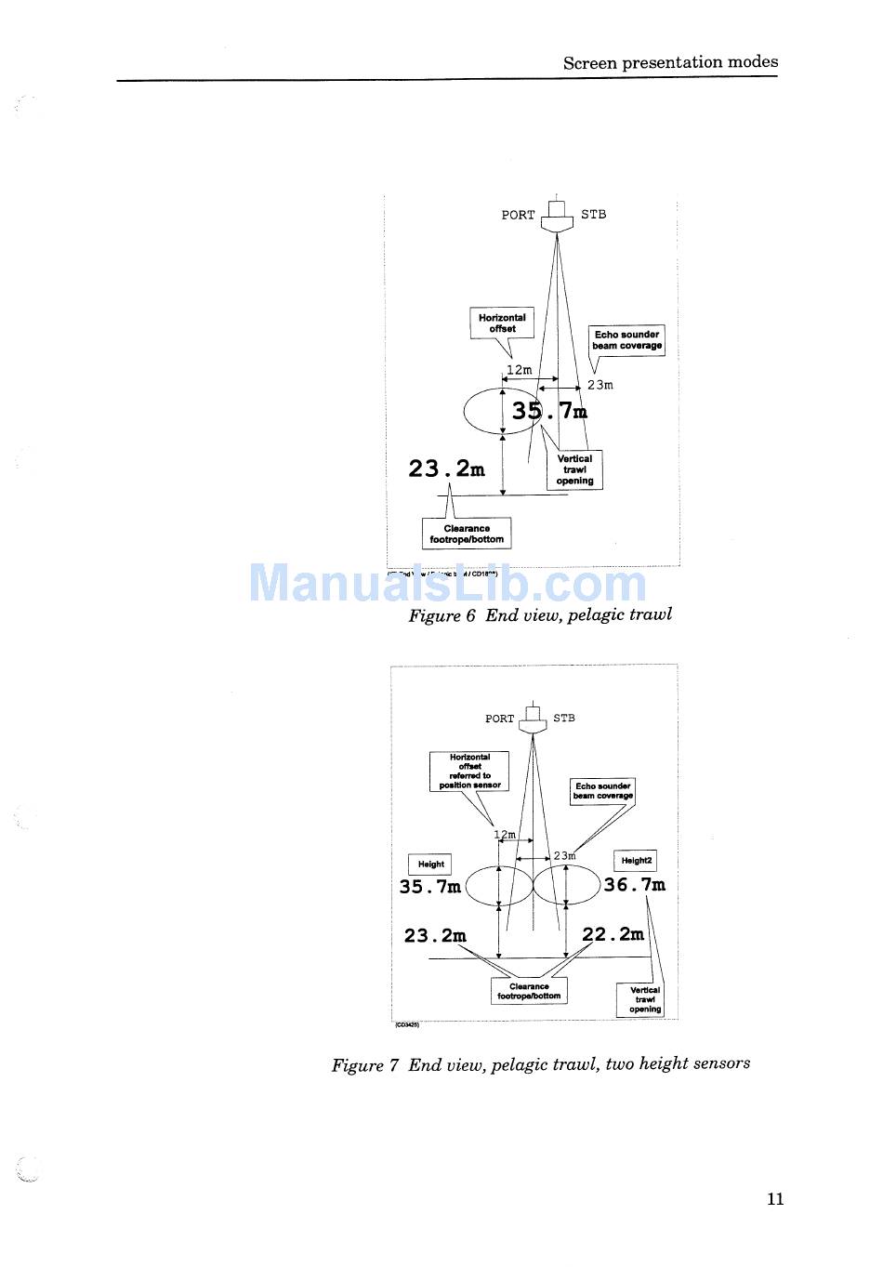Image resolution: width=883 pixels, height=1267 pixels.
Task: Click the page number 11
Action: (775, 1198)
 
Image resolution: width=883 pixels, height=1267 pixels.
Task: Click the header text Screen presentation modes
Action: (670, 62)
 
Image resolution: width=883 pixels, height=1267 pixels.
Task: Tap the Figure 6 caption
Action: (540, 614)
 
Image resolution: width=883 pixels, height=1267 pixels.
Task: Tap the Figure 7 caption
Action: (541, 1063)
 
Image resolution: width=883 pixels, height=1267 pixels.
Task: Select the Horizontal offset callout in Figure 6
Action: (502, 323)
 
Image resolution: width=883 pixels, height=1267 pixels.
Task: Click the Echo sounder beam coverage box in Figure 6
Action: (627, 340)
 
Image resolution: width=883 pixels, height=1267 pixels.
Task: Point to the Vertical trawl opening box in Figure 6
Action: (574, 469)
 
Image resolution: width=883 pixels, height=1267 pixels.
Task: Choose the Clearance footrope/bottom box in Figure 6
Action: (467, 534)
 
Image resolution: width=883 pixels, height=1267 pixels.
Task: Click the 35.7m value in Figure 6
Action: (549, 410)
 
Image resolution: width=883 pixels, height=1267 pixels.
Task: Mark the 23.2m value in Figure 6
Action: (446, 469)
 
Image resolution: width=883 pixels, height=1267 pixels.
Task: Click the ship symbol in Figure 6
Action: (557, 216)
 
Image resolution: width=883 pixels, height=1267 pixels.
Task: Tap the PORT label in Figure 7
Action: (499, 719)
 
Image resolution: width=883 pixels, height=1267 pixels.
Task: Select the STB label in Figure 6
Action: (593, 215)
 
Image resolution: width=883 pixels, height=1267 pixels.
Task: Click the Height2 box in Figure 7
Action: (636, 861)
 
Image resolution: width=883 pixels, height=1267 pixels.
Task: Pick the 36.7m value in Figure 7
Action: (634, 885)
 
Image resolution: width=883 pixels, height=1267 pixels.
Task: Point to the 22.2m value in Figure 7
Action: (613, 934)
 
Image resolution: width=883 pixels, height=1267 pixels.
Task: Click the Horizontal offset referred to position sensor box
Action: (469, 772)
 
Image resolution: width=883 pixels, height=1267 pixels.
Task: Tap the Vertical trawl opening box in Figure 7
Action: (644, 999)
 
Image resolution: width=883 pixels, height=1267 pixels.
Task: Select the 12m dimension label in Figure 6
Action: (519, 370)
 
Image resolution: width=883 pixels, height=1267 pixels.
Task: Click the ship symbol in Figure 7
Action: (533, 719)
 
